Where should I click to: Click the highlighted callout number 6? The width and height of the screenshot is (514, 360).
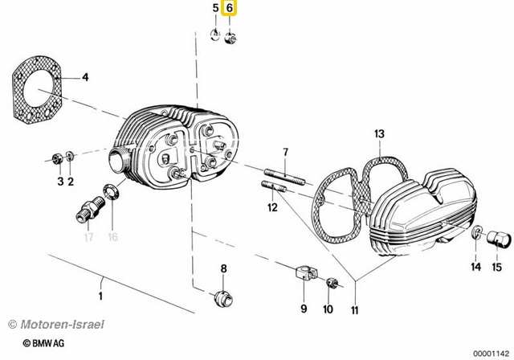point(229,8)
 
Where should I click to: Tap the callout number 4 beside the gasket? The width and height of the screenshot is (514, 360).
point(85,77)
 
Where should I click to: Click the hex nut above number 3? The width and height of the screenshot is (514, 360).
point(58,158)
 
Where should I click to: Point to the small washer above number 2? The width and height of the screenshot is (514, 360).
point(70,156)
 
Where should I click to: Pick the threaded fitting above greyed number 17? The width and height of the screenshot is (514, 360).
point(90,209)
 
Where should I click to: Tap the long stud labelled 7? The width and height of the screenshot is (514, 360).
point(284,177)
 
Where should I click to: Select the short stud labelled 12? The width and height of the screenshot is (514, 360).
point(274,186)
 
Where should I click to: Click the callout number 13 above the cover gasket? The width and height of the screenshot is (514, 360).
point(379,133)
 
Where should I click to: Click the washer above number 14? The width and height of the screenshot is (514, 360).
point(477,232)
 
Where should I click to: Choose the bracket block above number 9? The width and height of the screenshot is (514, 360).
point(306,273)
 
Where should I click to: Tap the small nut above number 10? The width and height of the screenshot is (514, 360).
point(332,283)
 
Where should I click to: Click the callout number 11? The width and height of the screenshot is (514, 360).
point(355,310)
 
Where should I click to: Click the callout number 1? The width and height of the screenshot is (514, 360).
point(100,296)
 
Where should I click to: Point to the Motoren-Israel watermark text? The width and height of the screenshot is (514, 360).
point(56,325)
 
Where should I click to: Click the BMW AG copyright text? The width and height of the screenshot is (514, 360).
point(43,343)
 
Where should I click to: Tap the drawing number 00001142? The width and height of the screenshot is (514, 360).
point(491,354)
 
